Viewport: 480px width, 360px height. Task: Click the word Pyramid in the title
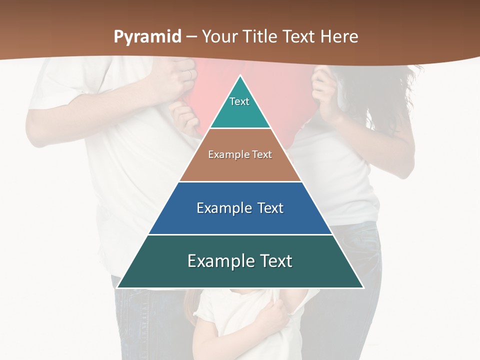pos(147,37)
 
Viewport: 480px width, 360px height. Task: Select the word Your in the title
pos(219,37)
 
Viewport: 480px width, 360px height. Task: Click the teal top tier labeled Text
pos(240,107)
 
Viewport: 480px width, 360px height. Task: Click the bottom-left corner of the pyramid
pos(118,287)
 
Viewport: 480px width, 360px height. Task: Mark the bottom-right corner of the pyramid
pos(362,287)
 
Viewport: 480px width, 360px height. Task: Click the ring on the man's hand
pos(190,74)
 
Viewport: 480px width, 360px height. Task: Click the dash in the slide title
pos(191,37)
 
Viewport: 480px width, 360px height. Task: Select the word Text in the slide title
pos(298,37)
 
